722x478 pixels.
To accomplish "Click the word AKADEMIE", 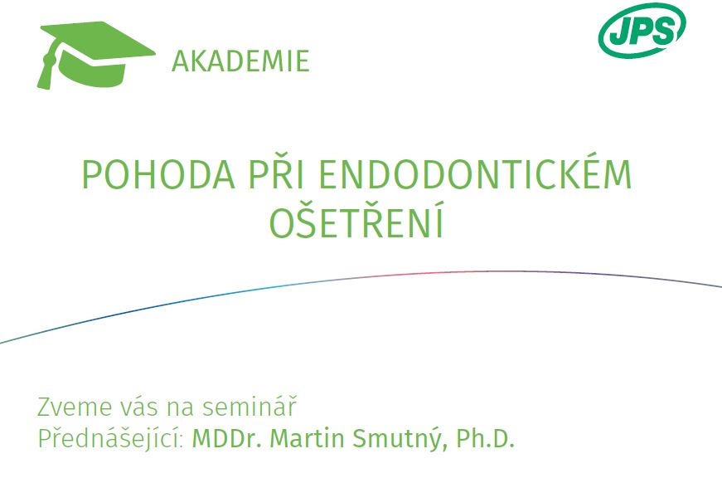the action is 240,61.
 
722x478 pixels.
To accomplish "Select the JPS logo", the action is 642,32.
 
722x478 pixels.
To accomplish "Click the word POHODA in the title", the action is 159,175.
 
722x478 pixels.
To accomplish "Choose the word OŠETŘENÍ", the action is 356,220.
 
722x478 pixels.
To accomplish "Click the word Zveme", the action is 74,407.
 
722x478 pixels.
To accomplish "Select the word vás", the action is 142,406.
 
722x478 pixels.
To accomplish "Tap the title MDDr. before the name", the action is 226,438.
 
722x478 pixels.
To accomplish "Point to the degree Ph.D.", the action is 485,438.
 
